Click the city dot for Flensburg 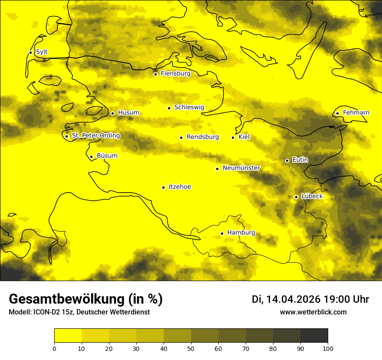click(x=155, y=74)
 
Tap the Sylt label click(x=42, y=52)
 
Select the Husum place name click(x=128, y=113)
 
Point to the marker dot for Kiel click(x=233, y=137)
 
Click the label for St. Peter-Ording click(x=96, y=136)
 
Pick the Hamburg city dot click(x=222, y=233)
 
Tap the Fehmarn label click(x=356, y=113)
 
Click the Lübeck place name click(x=312, y=196)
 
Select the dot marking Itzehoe click(x=163, y=187)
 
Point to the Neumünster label click(x=241, y=168)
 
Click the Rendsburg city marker click(x=181, y=137)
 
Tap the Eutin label click(x=300, y=160)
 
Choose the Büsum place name click(x=107, y=156)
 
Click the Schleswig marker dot click(x=169, y=108)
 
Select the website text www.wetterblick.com click(x=313, y=312)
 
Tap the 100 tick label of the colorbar click(x=328, y=348)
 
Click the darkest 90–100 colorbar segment click(x=314, y=336)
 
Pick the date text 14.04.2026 click(x=293, y=299)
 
